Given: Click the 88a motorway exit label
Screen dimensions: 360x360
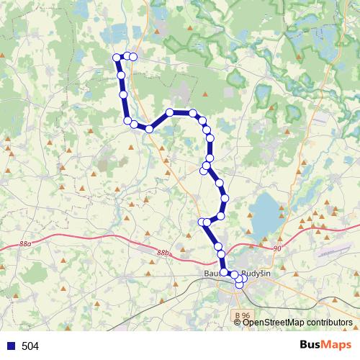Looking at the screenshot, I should click(26, 245).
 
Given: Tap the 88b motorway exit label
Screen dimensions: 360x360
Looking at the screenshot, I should click(164, 253).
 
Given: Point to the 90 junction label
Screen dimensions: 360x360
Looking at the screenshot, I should click(278, 248).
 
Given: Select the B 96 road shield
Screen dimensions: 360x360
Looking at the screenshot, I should click(244, 315).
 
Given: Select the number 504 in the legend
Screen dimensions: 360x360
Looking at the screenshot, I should click(30, 346).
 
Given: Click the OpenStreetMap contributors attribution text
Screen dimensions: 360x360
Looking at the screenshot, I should click(297, 322).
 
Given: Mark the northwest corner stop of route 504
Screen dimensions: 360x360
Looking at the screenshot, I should click(117, 58).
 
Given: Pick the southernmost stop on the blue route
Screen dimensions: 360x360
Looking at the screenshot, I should click(240, 285).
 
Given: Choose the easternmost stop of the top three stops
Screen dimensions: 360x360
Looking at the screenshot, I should click(133, 56).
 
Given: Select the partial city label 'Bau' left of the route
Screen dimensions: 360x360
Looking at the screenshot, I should click(214, 274).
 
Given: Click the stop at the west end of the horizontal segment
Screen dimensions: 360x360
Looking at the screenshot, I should click(170, 112).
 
